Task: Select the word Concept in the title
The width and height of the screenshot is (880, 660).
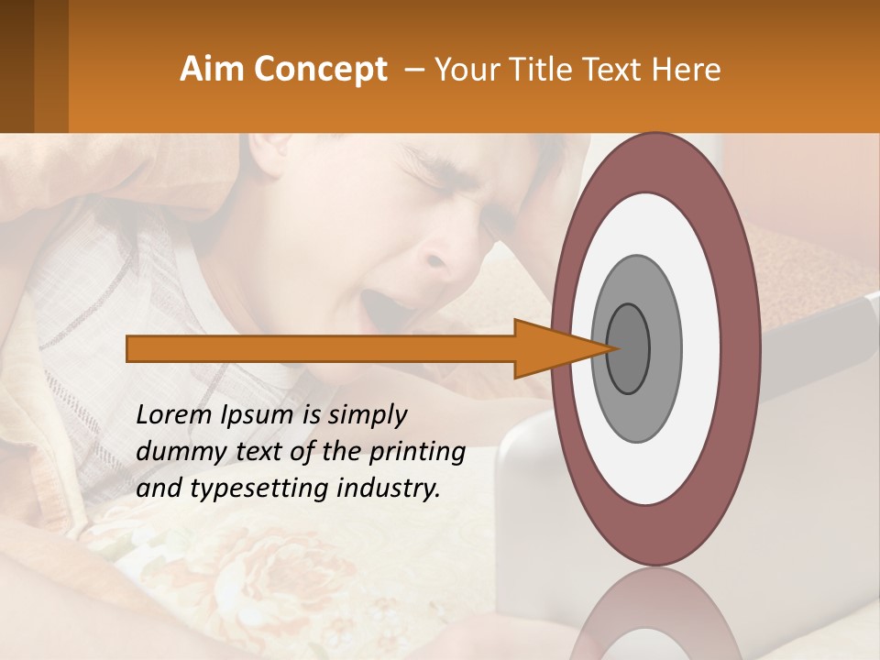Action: (320, 70)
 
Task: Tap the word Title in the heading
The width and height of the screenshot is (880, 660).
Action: (567, 70)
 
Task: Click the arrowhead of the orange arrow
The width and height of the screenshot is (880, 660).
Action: (550, 348)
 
